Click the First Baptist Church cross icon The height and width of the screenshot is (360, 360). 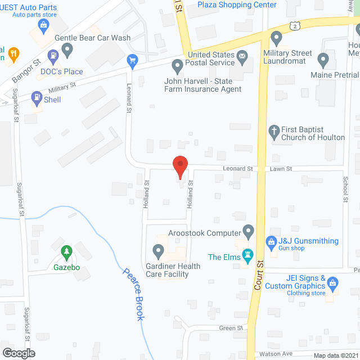coord(274,131)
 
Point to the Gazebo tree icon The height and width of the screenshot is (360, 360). coord(66,250)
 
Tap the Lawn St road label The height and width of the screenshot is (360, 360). coord(281,168)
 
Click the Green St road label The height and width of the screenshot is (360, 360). coord(231,328)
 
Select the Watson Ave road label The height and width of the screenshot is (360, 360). coord(273,354)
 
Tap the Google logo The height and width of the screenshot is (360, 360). coord(18,353)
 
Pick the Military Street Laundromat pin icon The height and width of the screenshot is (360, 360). coord(276,38)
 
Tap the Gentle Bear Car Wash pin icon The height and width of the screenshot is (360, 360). coord(68,51)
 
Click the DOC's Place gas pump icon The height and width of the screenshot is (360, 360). coord(54,56)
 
